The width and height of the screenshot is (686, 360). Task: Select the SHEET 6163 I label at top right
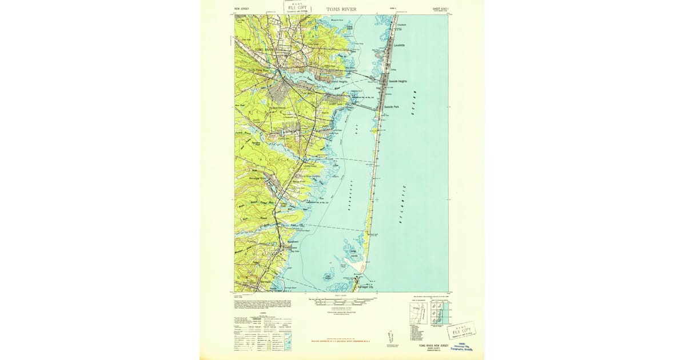438,9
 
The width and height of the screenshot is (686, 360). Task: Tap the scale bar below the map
341,299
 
